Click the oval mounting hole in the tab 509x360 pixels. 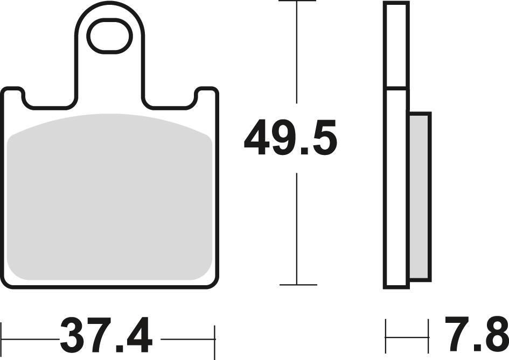point(110,36)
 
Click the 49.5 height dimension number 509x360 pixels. point(290,138)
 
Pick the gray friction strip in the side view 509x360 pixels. point(420,196)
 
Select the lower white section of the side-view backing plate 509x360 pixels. point(396,188)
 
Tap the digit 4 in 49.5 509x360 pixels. point(257,138)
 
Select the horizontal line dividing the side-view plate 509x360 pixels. point(396,87)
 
